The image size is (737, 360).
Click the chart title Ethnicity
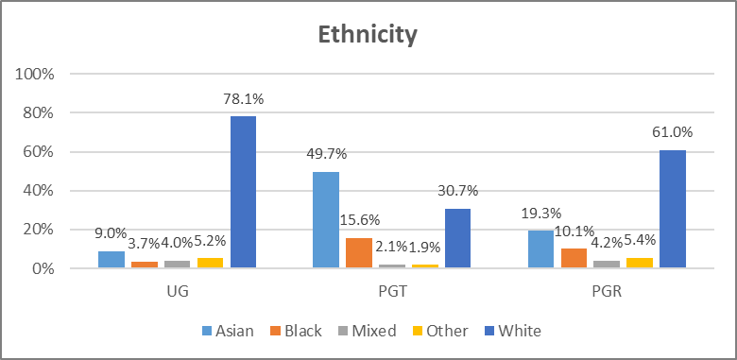(x=368, y=35)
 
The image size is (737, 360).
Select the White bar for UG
(x=243, y=193)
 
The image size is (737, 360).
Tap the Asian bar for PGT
(x=326, y=220)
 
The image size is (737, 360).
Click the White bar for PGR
(x=672, y=209)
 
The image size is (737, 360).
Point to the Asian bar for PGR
(x=540, y=249)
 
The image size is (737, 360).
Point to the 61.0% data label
(x=672, y=132)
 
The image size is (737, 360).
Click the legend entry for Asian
(x=227, y=331)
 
